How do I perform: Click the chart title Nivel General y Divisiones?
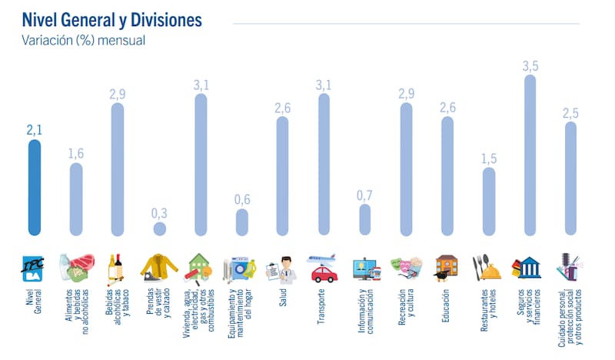click(x=112, y=19)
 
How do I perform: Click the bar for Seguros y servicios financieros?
click(x=530, y=154)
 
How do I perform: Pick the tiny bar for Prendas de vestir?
click(x=159, y=228)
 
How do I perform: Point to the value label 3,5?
click(x=530, y=66)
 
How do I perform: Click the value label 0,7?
click(x=364, y=195)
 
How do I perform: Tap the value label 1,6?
click(x=75, y=154)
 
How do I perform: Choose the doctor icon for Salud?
click(x=281, y=269)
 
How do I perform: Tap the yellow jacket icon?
click(x=158, y=268)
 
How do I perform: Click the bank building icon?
click(x=530, y=268)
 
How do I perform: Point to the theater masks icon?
click(x=406, y=268)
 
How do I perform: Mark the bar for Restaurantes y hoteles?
click(x=488, y=201)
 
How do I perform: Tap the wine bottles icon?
click(x=117, y=268)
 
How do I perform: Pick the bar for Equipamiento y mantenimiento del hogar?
click(x=241, y=222)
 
